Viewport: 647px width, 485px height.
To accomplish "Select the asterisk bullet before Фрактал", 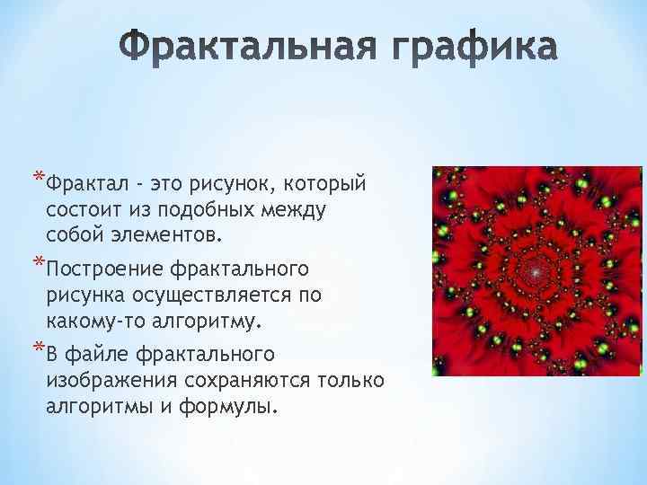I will tap(37, 176).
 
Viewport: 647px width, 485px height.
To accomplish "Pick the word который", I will tap(325, 184).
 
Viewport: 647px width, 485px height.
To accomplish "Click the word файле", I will tap(98, 355).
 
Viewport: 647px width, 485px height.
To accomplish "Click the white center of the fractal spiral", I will tap(536, 269).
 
